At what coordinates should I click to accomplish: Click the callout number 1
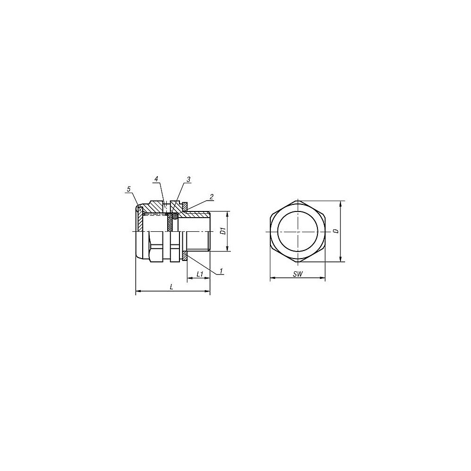point(221,271)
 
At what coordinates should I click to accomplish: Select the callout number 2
point(211,197)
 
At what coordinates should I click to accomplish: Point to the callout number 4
point(156,179)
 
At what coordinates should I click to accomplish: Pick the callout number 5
point(128,189)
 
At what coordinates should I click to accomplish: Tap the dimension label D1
point(223,231)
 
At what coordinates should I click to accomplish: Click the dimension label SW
point(297,274)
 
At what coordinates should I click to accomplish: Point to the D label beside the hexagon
point(335,231)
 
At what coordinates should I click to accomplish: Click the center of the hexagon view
point(297,232)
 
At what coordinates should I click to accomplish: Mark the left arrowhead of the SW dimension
point(271,279)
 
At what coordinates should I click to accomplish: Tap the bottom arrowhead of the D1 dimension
point(228,250)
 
